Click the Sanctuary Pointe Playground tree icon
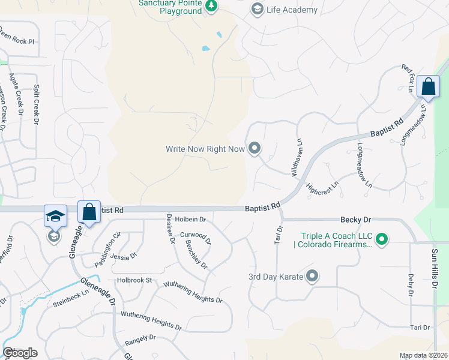pos(211,6)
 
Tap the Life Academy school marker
pos(257,9)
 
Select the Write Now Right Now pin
pos(255,148)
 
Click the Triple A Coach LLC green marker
pos(381,239)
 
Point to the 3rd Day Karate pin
pos(312,277)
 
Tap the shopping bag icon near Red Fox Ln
pos(429,87)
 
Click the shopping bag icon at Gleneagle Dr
pos(89,212)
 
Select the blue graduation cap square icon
pos(55,216)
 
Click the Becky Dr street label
pos(354,220)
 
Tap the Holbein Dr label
pos(191,220)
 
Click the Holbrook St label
pos(135,280)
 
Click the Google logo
pos(20,353)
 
